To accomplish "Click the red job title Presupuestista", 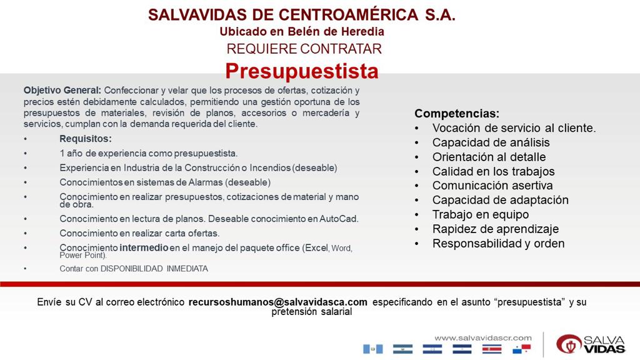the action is coord(302,72).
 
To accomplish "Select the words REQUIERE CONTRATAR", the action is coord(304,49).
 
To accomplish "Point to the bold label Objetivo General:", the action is coord(62,90).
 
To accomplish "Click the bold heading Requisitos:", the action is coord(86,139).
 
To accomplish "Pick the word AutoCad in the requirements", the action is coord(338,219).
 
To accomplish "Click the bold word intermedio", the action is coord(144,247).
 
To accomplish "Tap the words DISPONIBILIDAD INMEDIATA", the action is coord(154,269).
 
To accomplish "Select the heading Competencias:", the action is coord(457,114).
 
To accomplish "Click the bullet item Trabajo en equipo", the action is coord(481,214).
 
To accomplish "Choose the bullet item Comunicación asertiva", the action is coord(492,185).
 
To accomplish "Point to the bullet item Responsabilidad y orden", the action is coord(498,243).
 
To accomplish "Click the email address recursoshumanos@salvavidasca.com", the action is coord(278,302).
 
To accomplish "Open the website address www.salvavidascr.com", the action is coord(483,338).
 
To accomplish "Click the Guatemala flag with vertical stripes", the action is coord(372,349).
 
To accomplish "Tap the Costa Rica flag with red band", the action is coord(492,349).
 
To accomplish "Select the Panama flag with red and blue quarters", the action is coord(522,349).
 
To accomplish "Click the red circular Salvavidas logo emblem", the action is coord(569,344).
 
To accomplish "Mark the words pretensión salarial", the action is coord(312,312).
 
